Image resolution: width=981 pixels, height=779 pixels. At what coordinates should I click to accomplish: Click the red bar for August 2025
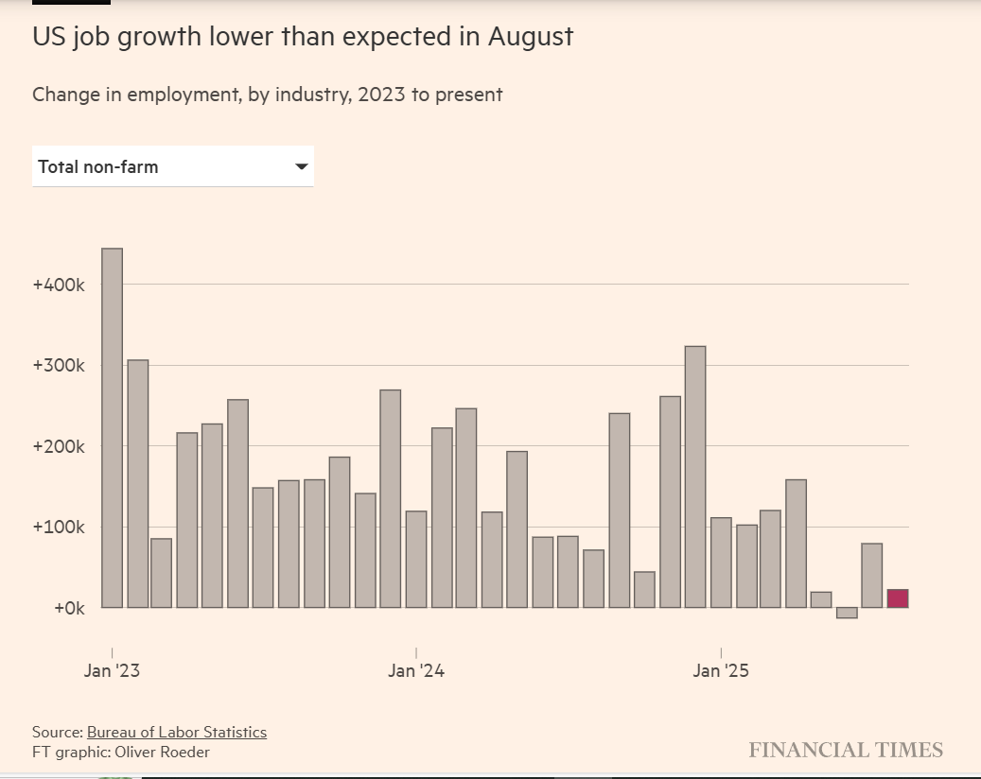(898, 598)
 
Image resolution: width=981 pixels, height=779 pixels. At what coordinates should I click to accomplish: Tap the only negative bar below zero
(847, 613)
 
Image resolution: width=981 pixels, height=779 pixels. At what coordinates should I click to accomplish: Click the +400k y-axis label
(60, 285)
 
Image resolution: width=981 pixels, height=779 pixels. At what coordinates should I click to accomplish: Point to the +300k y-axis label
(60, 366)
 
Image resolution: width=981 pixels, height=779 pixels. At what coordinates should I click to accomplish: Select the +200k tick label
(60, 446)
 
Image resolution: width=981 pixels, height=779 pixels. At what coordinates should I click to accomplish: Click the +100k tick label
(60, 528)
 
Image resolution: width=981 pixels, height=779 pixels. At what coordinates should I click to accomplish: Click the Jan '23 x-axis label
(112, 671)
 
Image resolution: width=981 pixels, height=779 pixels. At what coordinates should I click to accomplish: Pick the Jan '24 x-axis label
(416, 671)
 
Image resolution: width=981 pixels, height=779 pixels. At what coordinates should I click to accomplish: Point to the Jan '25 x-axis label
(721, 671)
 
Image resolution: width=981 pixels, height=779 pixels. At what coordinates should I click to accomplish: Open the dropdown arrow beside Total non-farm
(302, 166)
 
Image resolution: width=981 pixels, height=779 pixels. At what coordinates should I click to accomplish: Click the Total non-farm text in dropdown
(98, 166)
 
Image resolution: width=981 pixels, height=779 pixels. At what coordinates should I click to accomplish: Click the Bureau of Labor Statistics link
(177, 732)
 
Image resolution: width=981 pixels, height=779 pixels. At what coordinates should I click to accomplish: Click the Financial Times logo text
(846, 750)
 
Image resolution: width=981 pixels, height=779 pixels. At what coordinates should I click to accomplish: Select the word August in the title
(531, 37)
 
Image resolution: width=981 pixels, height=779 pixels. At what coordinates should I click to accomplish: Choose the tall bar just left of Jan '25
(695, 476)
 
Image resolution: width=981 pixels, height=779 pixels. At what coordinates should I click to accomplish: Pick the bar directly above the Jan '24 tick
(416, 559)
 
